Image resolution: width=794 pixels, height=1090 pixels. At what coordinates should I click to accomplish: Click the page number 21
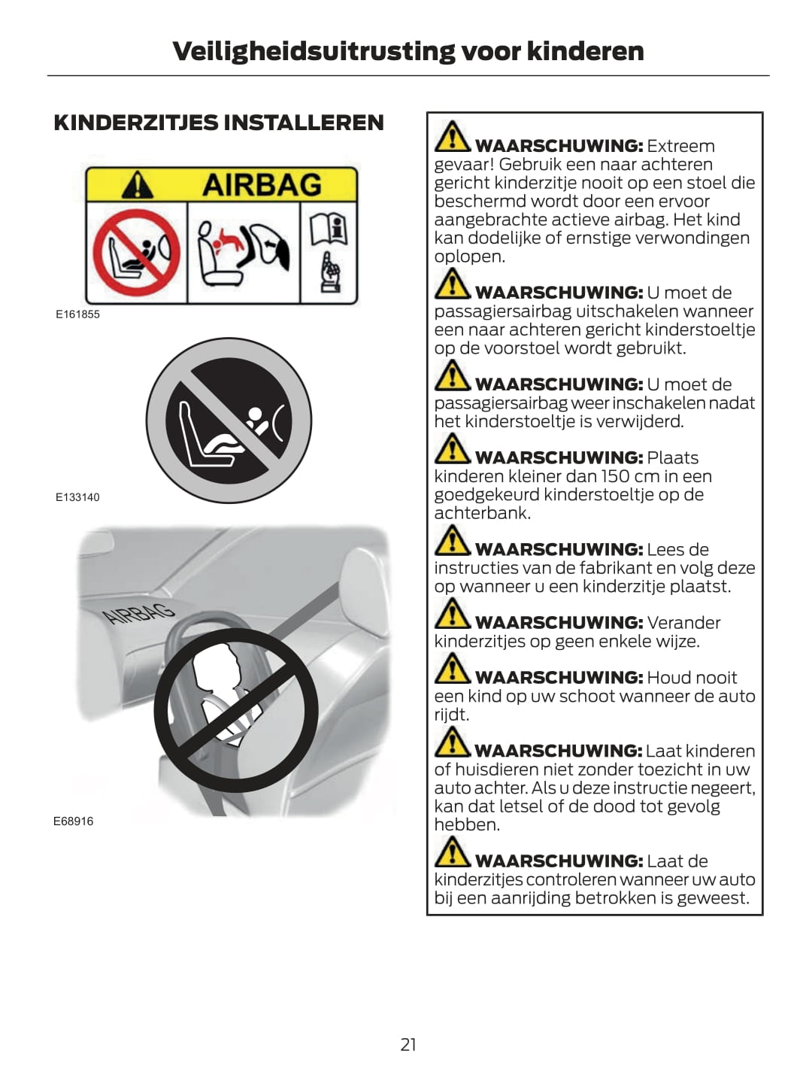click(x=408, y=1044)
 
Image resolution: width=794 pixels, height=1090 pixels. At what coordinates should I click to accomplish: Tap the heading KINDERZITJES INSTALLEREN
click(x=219, y=123)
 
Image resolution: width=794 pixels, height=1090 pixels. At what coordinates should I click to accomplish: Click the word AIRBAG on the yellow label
click(x=262, y=185)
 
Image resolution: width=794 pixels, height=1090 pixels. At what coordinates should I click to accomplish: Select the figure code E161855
click(x=78, y=314)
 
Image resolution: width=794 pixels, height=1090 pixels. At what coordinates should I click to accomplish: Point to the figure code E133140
click(x=78, y=497)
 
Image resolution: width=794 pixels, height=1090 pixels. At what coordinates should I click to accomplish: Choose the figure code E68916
click(x=74, y=821)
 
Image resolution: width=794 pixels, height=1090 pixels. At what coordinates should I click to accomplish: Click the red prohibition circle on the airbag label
click(x=137, y=253)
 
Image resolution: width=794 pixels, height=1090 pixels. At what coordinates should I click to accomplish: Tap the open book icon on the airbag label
click(x=329, y=230)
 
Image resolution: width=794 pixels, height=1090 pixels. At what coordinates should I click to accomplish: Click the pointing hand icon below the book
click(x=330, y=272)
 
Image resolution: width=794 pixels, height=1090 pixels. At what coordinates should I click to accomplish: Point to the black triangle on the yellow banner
click(x=138, y=185)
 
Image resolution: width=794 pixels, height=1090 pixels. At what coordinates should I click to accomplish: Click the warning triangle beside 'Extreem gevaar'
click(x=452, y=136)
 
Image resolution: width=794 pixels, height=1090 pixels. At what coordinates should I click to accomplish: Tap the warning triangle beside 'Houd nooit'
click(x=452, y=668)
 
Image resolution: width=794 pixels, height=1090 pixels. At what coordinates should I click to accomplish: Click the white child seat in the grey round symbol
click(x=209, y=436)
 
